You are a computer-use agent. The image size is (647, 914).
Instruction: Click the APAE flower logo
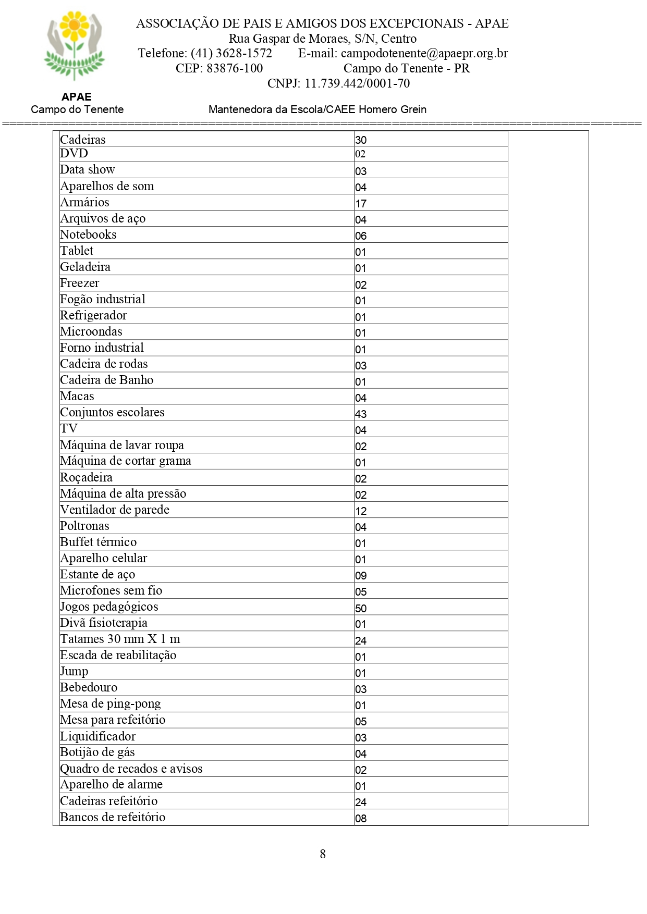[x=75, y=46]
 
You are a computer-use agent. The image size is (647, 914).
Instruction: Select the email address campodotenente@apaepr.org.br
[x=424, y=53]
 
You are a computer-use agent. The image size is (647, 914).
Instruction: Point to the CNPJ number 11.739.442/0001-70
[x=357, y=83]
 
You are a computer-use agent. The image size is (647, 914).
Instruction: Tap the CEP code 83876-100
[x=235, y=68]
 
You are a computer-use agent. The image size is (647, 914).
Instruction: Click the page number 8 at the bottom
[x=323, y=854]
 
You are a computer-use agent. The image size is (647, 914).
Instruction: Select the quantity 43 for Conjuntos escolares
[x=361, y=414]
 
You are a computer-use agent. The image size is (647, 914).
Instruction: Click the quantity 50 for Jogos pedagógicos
[x=361, y=608]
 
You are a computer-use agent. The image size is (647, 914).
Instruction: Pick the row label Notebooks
[x=88, y=234]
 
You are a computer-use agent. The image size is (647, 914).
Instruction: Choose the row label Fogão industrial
[x=103, y=299]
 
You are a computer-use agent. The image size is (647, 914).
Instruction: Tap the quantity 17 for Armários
[x=361, y=203]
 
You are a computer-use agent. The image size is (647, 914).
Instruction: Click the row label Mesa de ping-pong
[x=111, y=703]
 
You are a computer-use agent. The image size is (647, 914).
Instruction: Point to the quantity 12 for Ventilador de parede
[x=361, y=511]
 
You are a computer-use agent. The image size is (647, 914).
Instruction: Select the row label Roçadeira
[x=86, y=477]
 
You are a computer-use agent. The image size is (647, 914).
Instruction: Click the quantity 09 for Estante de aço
[x=361, y=575]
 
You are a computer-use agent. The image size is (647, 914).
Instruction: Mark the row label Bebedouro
[x=89, y=687]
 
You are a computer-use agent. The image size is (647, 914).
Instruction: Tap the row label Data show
[x=88, y=169]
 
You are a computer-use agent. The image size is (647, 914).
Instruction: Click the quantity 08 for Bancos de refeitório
[x=361, y=818]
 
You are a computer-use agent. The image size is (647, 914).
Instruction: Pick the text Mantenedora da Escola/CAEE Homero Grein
[x=318, y=109]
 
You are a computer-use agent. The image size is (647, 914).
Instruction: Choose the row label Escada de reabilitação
[x=118, y=655]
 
